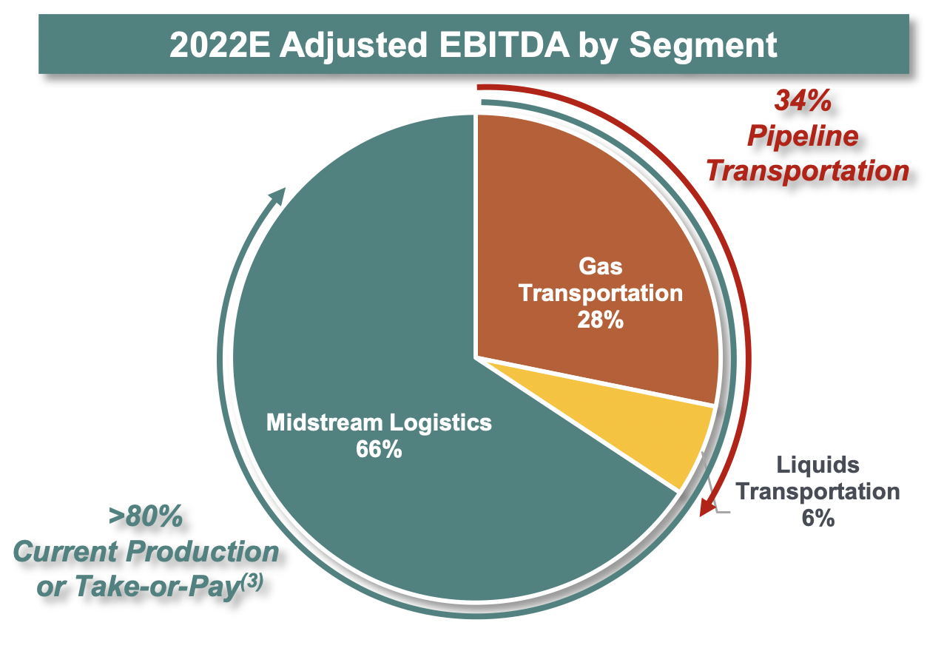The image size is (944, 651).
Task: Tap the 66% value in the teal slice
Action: pyautogui.click(x=379, y=449)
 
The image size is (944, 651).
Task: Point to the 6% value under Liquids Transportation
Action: pyautogui.click(x=818, y=518)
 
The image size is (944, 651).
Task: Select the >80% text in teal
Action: pyautogui.click(x=146, y=517)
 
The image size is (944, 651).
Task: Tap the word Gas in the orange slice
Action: pyautogui.click(x=600, y=266)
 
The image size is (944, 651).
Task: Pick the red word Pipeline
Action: pyautogui.click(x=803, y=136)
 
